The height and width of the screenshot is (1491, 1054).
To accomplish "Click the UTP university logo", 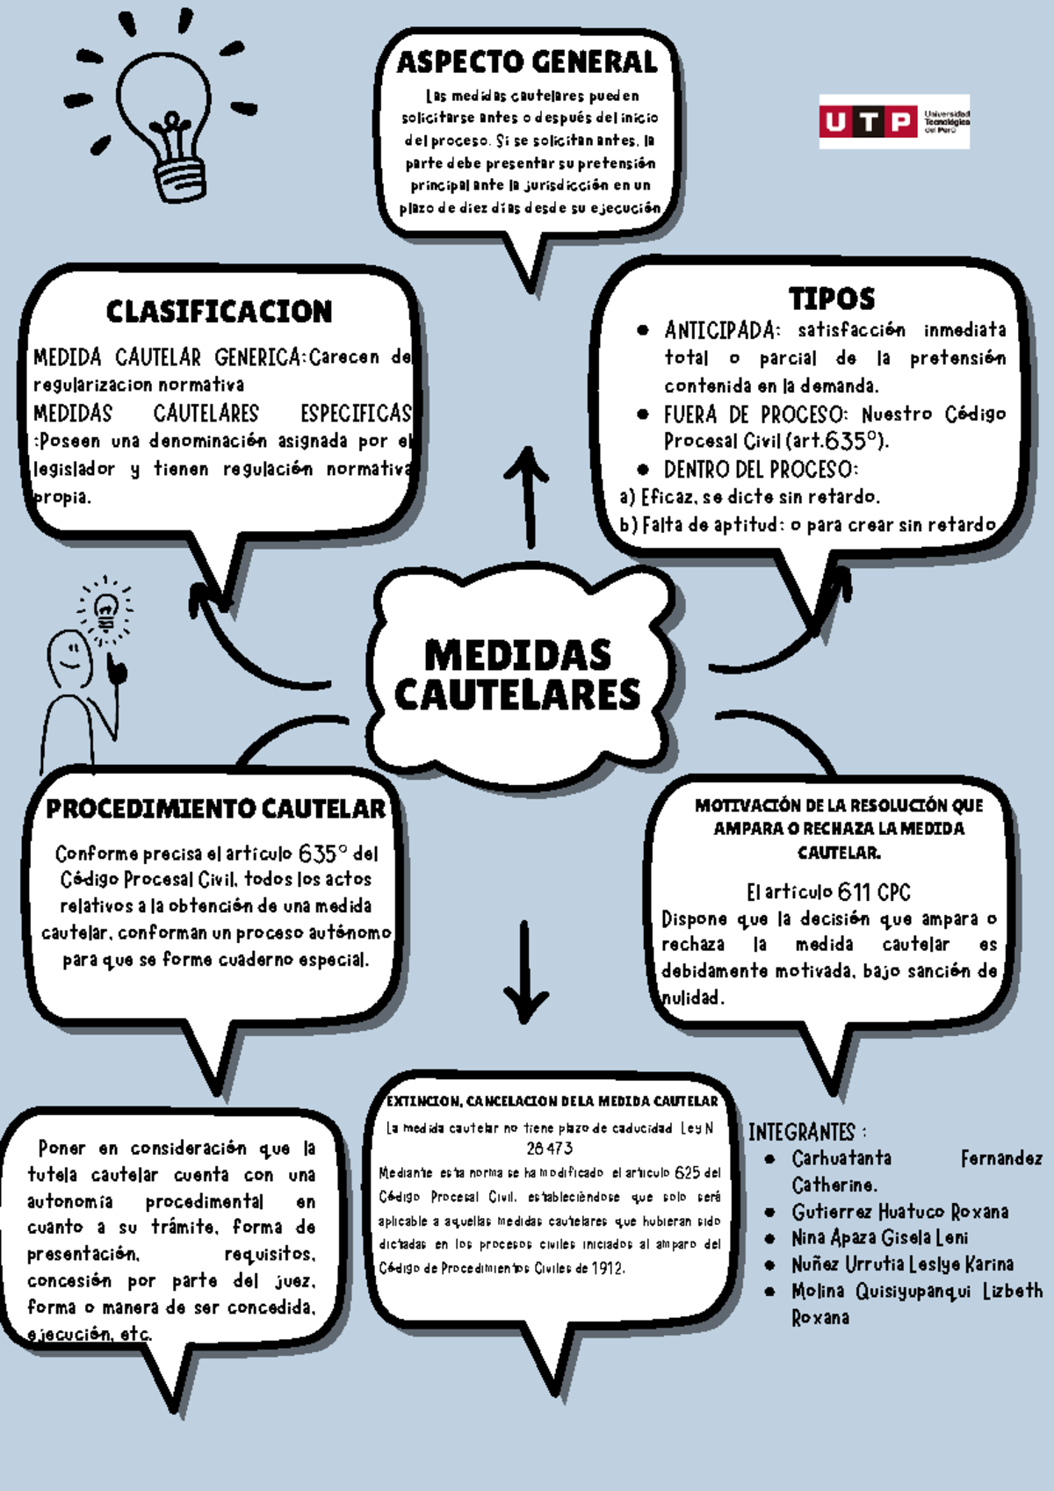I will coord(893,121).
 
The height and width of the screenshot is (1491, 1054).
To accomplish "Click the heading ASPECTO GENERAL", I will coord(527,62).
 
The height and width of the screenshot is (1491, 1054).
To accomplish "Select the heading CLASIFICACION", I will coord(219,312).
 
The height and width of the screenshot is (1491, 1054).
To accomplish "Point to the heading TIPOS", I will coord(831,299).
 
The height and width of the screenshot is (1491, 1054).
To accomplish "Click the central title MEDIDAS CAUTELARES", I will coord(517,674).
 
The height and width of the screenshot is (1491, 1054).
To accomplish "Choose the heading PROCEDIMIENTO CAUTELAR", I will coord(215,809).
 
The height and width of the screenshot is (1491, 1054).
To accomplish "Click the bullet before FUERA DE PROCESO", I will coord(643,414).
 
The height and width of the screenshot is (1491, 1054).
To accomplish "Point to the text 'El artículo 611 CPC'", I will coord(828,892).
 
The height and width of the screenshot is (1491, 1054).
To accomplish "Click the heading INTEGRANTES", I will coord(805,1132).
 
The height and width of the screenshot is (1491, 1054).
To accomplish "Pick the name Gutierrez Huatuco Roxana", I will coord(899,1212).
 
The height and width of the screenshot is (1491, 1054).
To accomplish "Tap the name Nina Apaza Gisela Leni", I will coord(879,1238).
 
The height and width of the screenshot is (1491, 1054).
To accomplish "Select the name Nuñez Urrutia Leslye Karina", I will coord(902,1264).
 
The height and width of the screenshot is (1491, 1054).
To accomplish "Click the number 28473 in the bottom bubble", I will coord(549,1149).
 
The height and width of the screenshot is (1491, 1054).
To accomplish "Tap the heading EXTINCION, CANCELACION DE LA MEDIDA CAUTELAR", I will coord(552,1101).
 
